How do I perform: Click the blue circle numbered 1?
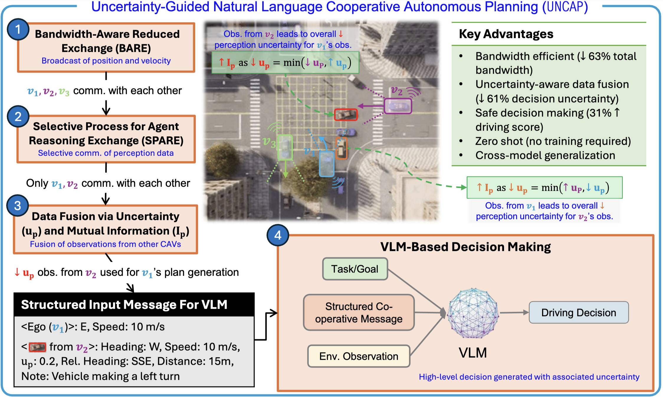[18, 29]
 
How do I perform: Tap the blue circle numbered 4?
[278, 235]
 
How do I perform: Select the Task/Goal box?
[355, 269]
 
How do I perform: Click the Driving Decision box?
[579, 313]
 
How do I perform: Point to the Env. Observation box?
[359, 356]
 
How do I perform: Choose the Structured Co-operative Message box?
[359, 313]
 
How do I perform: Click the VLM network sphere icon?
[473, 313]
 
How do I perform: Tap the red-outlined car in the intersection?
[346, 115]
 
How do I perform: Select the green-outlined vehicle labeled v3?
[285, 147]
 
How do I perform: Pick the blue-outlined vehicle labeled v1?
[327, 164]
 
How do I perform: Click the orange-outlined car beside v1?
[341, 148]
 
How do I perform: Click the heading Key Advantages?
[506, 34]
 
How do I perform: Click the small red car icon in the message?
[37, 347]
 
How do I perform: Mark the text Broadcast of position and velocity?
[106, 61]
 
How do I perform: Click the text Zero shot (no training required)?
[553, 141]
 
